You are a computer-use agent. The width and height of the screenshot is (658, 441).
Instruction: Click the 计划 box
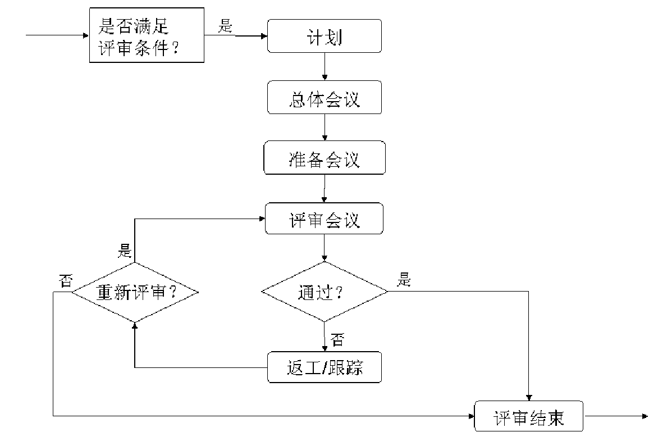point(325,36)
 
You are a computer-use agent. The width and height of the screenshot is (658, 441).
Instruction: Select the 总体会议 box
point(325,97)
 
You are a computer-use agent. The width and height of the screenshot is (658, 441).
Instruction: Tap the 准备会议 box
point(325,158)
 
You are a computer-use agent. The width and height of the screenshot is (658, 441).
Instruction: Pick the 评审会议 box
point(324,219)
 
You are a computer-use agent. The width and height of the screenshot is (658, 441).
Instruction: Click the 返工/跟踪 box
point(325,367)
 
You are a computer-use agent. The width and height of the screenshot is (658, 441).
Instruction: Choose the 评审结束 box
point(529,416)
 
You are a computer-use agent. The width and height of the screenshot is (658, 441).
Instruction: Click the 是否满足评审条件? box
point(147,35)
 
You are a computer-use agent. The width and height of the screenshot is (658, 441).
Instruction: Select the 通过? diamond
point(325,292)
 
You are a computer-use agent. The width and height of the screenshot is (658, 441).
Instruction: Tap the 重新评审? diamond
point(135,292)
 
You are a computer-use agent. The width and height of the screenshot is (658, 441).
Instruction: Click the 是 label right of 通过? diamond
point(404,279)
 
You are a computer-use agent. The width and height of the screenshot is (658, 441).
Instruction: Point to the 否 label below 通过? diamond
point(337,339)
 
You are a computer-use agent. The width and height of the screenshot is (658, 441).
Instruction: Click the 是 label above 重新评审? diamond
point(125,251)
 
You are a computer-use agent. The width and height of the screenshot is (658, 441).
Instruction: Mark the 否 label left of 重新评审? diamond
point(66,280)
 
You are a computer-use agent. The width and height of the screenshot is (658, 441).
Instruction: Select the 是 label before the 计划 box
point(225,26)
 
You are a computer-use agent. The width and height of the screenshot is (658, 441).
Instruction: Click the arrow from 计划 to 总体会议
point(325,67)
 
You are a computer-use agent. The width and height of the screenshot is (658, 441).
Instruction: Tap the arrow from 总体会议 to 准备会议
point(325,128)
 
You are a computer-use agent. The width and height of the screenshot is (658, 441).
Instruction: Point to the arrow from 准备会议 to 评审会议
point(325,189)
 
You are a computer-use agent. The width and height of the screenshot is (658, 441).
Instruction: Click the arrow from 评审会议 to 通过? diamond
point(325,248)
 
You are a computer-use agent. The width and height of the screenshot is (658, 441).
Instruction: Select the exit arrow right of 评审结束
point(616,416)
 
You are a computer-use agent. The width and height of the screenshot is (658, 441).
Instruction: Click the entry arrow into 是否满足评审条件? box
point(57,35)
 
